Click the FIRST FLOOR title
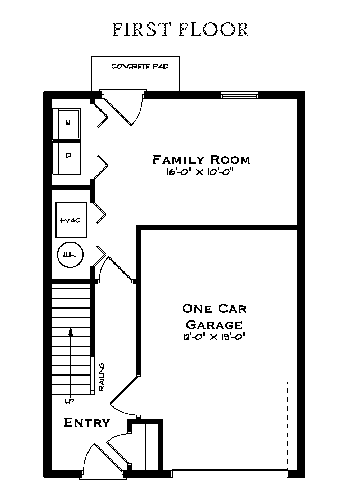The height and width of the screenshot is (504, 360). pyautogui.click(x=181, y=30)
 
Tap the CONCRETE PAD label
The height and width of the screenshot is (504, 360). pyautogui.click(x=140, y=67)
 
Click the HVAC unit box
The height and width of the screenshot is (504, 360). pyautogui.click(x=71, y=220)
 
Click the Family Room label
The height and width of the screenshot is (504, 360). pyautogui.click(x=201, y=159)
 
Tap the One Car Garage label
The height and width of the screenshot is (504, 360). pyautogui.click(x=214, y=316)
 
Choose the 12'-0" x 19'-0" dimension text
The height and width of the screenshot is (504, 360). pyautogui.click(x=215, y=337)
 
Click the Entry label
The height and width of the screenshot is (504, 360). pyautogui.click(x=87, y=423)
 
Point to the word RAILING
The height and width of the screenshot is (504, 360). pyautogui.click(x=102, y=377)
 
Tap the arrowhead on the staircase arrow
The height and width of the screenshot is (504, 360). pyautogui.click(x=71, y=331)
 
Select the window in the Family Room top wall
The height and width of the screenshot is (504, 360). pyautogui.click(x=239, y=96)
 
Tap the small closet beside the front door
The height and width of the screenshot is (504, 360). pyautogui.click(x=146, y=446)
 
